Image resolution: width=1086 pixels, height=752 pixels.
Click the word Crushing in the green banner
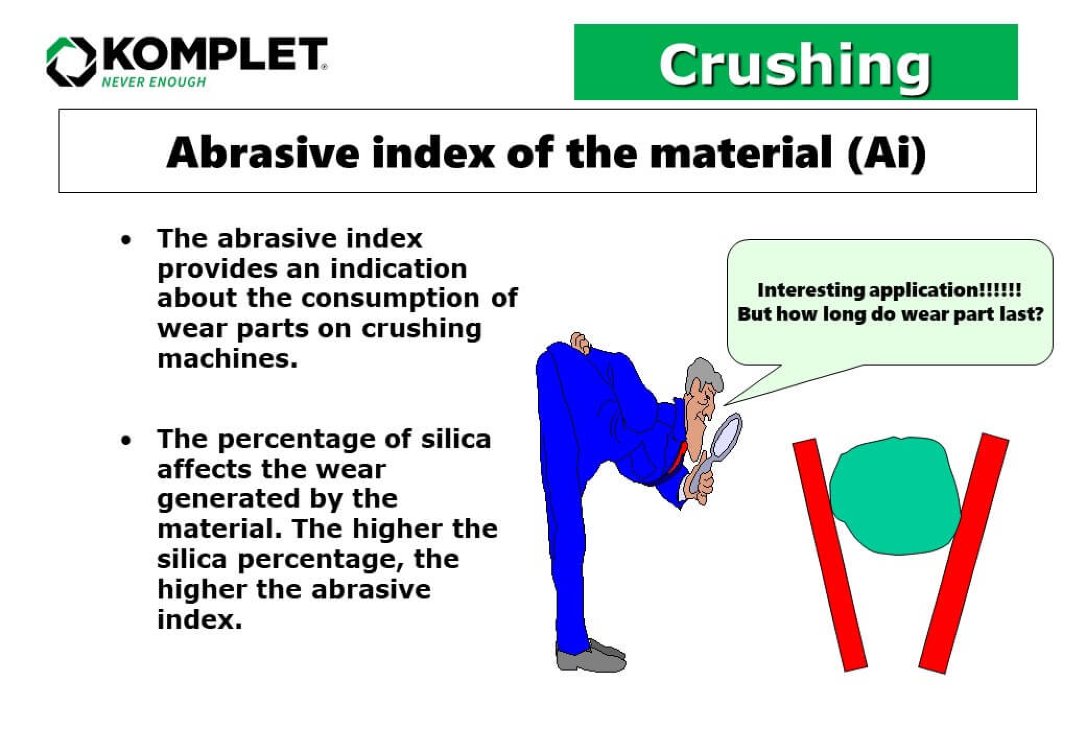pos(795,64)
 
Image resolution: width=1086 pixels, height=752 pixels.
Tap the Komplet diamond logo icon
pos(71,61)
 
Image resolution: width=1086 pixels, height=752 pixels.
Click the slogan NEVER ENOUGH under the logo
pos(154,82)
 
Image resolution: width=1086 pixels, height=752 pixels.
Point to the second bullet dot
pos(126,441)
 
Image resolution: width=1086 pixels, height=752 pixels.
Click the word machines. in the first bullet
pos(227,359)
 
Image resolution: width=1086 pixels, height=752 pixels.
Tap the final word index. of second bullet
pos(199,620)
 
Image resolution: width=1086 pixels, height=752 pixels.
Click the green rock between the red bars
pos(895,496)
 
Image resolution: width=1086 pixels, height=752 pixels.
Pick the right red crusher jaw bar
pos(964,554)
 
